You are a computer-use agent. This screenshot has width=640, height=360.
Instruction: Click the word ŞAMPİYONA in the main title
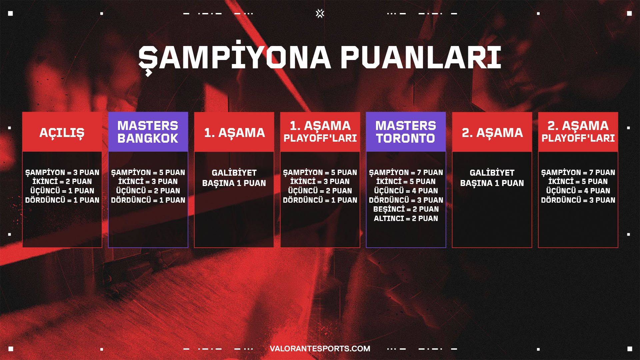(235, 58)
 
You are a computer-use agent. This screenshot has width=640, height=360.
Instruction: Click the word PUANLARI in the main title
(421, 58)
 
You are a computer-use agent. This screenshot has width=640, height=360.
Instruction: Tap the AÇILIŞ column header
(62, 132)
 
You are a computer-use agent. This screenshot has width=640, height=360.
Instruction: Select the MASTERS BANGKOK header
(148, 132)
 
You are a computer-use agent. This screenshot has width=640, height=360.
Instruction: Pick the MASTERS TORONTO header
(406, 132)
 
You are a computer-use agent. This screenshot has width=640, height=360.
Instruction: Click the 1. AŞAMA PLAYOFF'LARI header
(320, 132)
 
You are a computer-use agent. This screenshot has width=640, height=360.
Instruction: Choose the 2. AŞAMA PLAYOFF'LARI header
(578, 132)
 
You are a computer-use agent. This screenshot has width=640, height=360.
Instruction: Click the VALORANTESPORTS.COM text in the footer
(320, 349)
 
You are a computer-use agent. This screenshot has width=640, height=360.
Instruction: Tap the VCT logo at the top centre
(320, 13)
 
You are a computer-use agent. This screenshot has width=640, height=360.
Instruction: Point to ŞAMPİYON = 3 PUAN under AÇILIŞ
(62, 172)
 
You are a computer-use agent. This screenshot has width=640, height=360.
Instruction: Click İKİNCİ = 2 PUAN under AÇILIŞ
(62, 181)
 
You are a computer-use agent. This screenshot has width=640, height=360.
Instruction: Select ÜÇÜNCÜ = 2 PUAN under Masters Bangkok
(148, 191)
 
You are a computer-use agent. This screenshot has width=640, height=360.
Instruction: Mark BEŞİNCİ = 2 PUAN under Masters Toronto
(406, 209)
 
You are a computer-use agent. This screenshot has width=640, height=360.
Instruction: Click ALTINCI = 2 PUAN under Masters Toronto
(406, 218)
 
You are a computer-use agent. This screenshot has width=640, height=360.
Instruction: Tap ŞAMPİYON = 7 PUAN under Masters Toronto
(406, 172)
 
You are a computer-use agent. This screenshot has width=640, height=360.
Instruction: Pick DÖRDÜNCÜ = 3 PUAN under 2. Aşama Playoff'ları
(578, 200)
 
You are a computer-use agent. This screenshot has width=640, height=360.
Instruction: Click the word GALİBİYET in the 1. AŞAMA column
(234, 173)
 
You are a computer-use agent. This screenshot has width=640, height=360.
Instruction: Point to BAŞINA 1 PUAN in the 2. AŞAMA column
(492, 183)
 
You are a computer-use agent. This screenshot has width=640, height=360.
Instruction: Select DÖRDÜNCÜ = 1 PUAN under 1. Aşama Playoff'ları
(320, 200)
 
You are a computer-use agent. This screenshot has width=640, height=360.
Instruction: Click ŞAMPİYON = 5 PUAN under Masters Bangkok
(148, 172)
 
